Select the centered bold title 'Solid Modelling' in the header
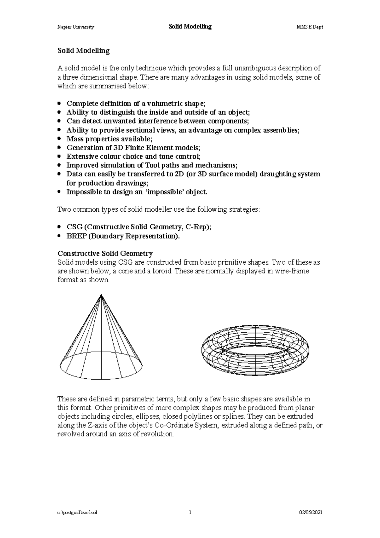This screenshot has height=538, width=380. (190, 27)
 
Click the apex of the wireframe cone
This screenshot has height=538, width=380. (101, 295)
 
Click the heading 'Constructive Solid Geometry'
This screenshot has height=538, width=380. (105, 253)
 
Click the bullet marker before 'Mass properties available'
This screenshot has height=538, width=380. (59, 138)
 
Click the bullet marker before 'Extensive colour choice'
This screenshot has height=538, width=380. (59, 156)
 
